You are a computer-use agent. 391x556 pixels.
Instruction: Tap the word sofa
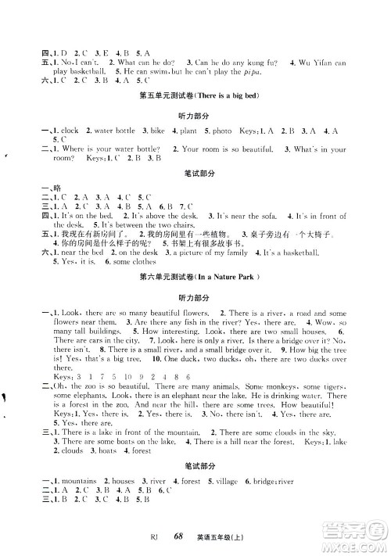pos(264,214)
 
